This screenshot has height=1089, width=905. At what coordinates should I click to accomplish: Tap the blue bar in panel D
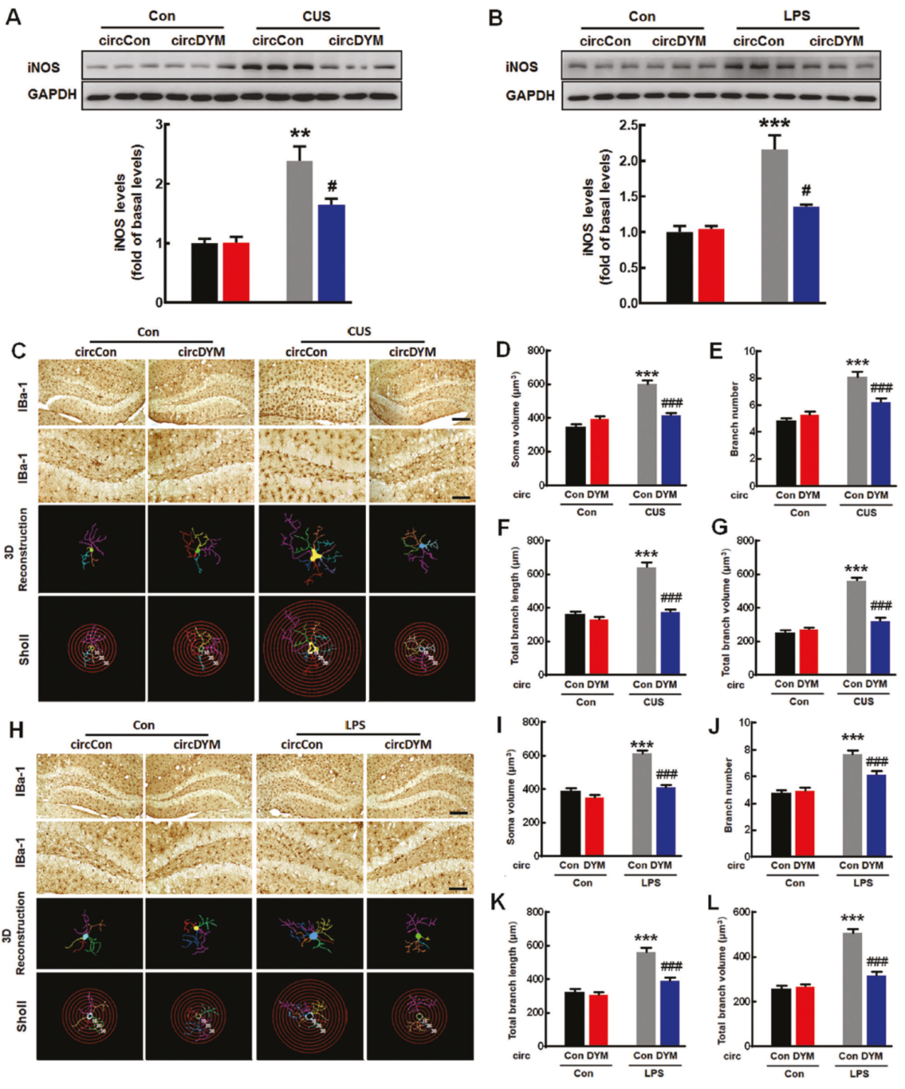click(x=671, y=449)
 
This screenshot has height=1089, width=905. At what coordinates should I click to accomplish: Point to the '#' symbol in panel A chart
click(x=332, y=187)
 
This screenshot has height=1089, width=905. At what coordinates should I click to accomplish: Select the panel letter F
click(x=503, y=528)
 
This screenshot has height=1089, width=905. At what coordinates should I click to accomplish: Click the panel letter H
click(x=16, y=730)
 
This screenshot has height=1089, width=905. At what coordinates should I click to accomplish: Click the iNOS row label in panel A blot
click(x=44, y=68)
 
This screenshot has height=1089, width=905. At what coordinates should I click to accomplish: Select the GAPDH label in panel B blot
click(x=530, y=96)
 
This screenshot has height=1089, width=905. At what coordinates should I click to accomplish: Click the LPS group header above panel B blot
click(x=796, y=16)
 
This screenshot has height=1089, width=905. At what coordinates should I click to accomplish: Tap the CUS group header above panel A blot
click(x=317, y=16)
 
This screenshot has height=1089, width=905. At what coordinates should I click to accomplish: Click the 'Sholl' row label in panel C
click(x=24, y=650)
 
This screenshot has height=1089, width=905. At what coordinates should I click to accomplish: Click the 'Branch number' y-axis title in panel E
click(x=734, y=419)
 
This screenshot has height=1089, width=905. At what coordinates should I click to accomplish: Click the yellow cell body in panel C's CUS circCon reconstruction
click(x=314, y=555)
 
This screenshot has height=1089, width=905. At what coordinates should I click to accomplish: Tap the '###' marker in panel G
click(x=881, y=606)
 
